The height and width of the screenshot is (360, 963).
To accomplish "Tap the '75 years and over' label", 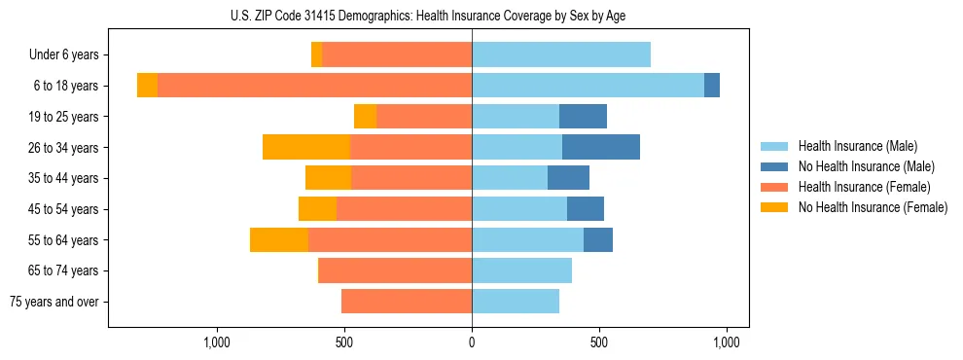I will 54,302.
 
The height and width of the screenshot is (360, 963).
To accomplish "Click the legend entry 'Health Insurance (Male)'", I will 857,146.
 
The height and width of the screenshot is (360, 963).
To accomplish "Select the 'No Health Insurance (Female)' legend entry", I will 873,207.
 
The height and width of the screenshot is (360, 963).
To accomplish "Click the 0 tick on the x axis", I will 472,342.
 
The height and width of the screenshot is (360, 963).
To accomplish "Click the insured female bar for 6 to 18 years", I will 314,86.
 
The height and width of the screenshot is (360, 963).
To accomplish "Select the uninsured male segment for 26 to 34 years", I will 601,147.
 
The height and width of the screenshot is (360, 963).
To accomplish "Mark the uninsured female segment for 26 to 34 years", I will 305,147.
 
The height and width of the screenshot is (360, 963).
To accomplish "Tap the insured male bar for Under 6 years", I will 561,54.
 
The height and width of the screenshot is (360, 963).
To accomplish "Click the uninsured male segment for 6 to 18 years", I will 712,86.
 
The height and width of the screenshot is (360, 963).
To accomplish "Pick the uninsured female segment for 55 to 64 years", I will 279,239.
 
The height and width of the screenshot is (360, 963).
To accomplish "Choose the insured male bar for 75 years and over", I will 516,302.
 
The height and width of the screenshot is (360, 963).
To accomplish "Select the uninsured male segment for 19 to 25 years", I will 583,117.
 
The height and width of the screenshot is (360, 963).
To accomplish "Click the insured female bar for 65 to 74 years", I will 396,270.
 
